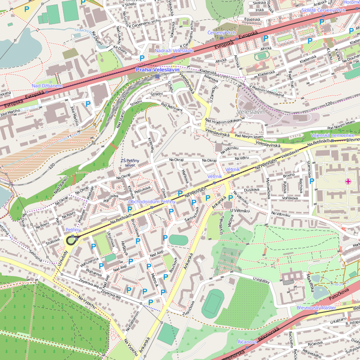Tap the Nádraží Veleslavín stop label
point(173,51)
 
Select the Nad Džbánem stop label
point(47,86)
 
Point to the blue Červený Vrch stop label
point(221,32)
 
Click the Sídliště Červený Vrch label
point(323,11)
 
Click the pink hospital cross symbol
point(348,181)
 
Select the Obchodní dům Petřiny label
point(152,202)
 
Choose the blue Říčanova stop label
point(247,341)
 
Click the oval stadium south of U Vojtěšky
point(211,304)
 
